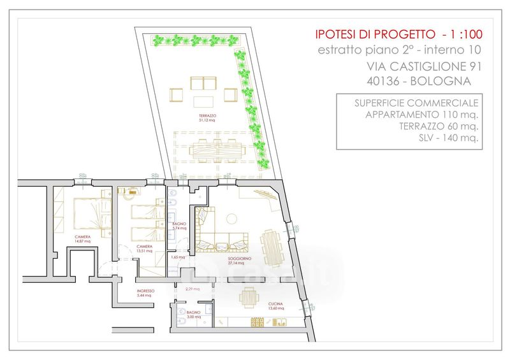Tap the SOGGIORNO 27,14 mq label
(242, 260)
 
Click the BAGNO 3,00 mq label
(194, 315)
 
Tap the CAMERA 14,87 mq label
(82, 240)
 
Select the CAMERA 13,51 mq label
(144, 248)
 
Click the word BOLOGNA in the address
(441, 82)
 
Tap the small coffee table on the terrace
(204, 102)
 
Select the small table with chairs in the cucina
(249, 297)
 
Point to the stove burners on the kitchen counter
(259, 320)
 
